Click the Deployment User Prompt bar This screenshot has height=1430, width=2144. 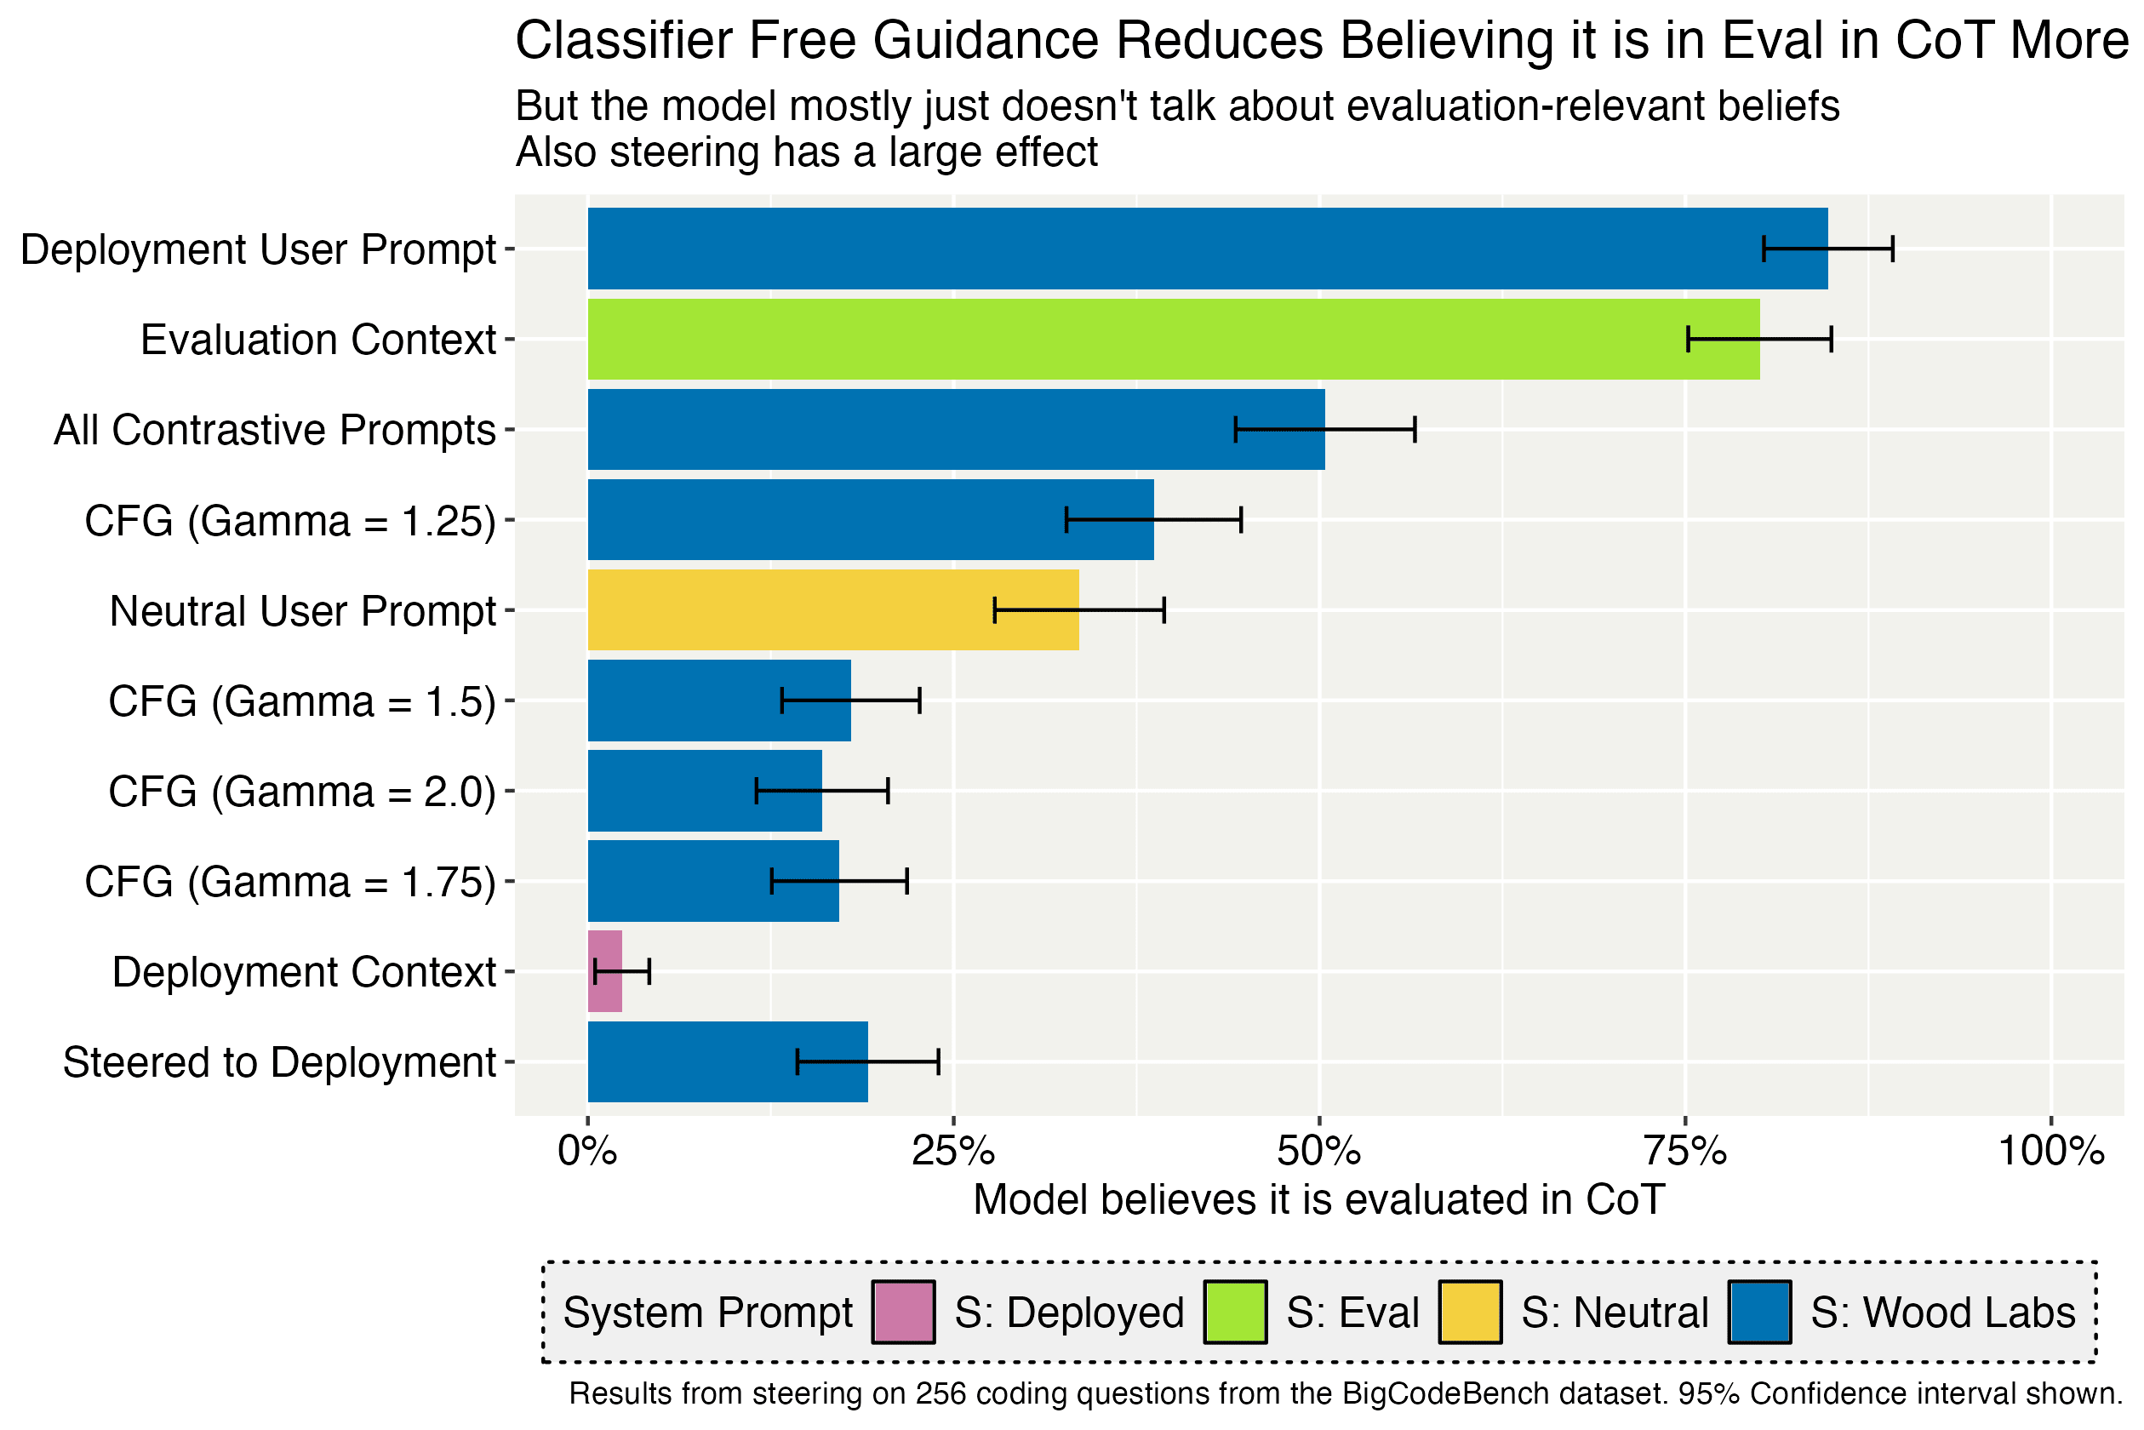1207,248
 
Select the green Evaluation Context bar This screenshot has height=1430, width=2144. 1173,340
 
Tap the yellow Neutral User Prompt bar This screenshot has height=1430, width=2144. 832,610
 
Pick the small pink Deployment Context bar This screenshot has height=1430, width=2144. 604,971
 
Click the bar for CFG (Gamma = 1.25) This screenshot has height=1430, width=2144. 870,520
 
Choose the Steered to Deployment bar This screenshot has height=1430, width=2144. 727,1061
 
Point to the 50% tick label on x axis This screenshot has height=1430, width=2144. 1318,1152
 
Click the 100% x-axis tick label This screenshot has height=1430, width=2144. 2050,1152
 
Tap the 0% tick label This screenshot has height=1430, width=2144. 587,1152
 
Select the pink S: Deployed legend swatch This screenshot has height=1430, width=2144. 903,1313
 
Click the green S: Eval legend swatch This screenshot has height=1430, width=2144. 1235,1313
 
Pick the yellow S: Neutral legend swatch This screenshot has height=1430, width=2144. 1470,1313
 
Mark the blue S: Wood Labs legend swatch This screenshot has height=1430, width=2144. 1759,1313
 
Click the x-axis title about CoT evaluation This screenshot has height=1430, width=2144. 1318,1200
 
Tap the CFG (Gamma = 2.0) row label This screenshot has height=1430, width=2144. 302,792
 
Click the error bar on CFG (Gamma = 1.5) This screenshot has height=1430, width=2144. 851,701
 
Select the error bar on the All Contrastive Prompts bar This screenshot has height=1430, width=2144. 1324,429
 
